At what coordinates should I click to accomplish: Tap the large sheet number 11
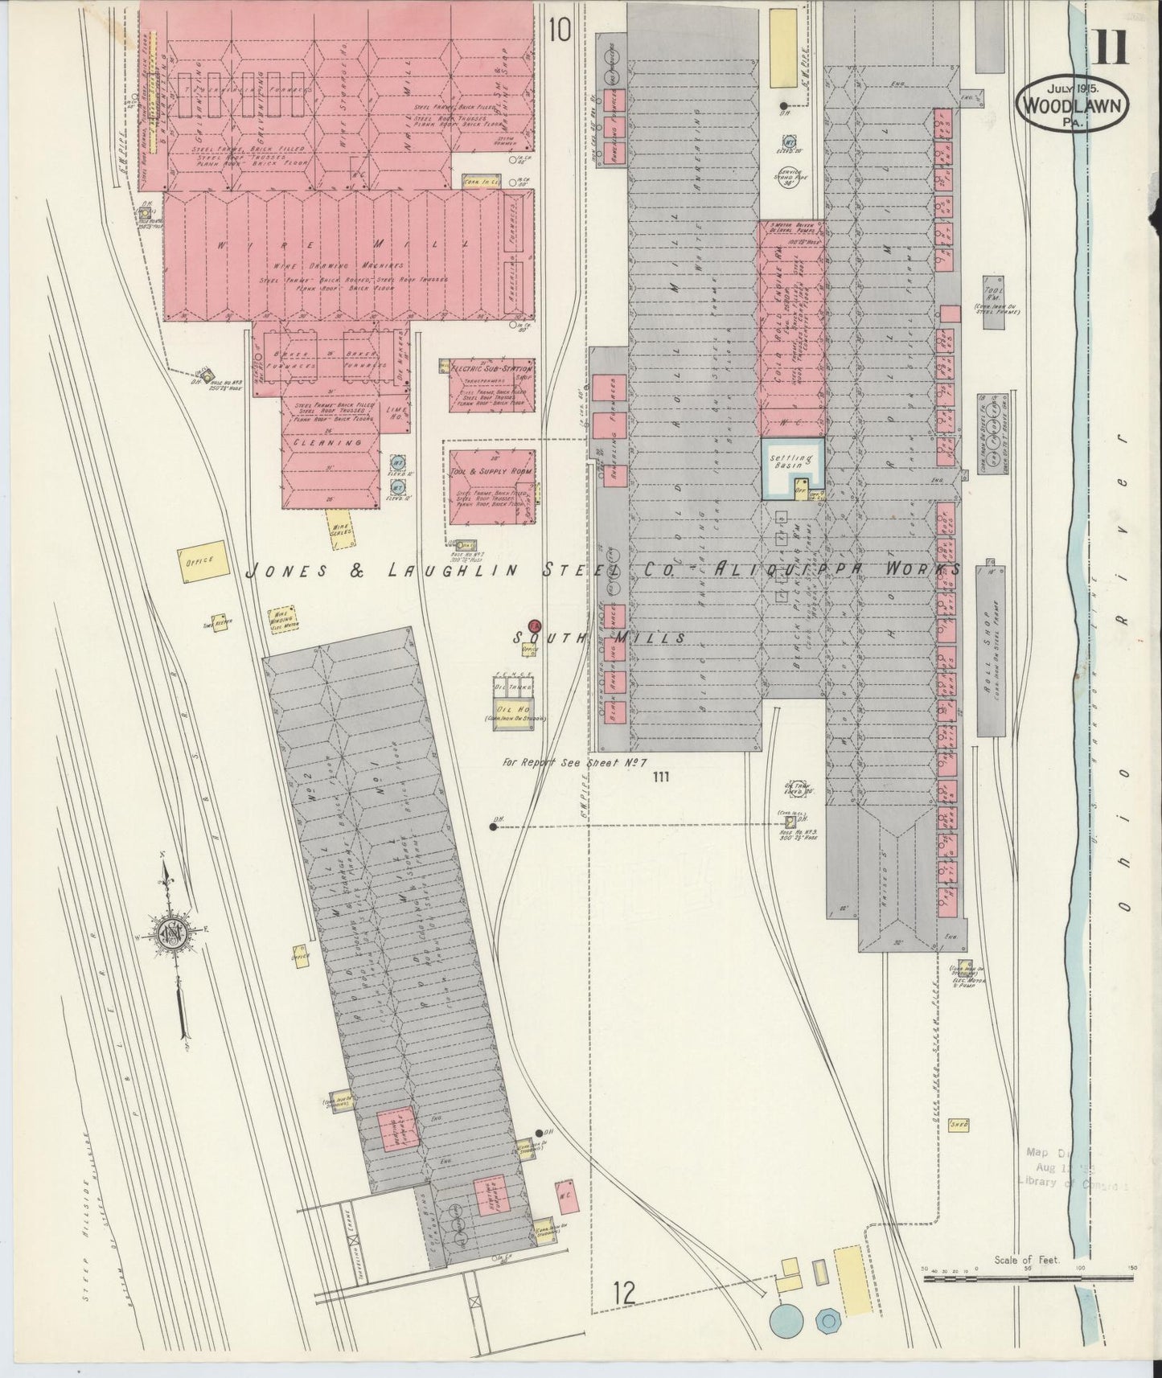(x=1110, y=47)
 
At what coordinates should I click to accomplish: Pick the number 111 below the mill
(x=662, y=777)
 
